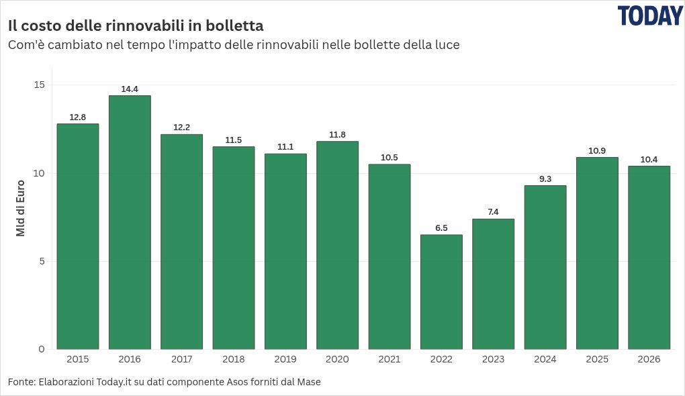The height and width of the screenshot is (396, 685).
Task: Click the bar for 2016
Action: [x=130, y=222]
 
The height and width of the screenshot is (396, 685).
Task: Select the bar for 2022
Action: [x=441, y=292]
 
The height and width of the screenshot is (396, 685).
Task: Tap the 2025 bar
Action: [x=597, y=253]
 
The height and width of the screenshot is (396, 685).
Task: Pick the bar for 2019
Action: [x=285, y=252]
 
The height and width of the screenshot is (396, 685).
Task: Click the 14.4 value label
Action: [x=130, y=89]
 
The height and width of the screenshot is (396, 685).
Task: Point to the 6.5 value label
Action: [x=441, y=228]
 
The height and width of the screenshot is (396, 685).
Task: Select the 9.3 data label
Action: [x=545, y=179]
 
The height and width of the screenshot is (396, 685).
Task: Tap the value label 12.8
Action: [x=78, y=117]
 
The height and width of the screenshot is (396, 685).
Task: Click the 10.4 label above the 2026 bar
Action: [x=649, y=159]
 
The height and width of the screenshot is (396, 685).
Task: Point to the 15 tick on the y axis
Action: [x=40, y=85]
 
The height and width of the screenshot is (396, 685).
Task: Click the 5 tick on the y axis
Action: [x=42, y=262]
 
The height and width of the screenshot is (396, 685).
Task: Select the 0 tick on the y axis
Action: [x=42, y=349]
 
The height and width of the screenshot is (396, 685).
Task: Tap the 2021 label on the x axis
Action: [x=390, y=359]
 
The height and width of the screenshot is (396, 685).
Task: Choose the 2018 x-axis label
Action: [x=234, y=359]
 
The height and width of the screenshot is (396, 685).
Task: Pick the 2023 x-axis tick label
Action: [x=493, y=359]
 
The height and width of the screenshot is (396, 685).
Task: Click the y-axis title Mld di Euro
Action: [x=21, y=208]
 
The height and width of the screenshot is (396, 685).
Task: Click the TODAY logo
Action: [x=650, y=16]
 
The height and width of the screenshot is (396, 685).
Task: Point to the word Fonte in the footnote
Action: [x=22, y=382]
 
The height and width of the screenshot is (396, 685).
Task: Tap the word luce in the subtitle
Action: [x=448, y=45]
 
